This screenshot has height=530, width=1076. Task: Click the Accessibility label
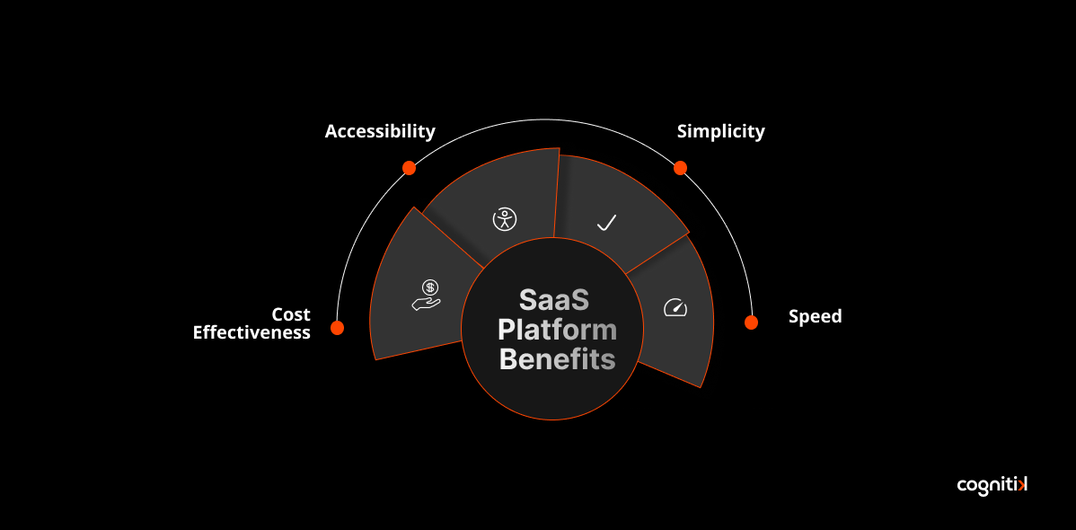[x=380, y=132]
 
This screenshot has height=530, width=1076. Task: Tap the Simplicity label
[x=720, y=132]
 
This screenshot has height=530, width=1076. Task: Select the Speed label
[x=815, y=316]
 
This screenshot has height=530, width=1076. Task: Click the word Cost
[x=291, y=314]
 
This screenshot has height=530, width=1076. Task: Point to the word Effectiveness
[x=251, y=332]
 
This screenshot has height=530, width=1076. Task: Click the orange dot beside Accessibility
[x=409, y=168]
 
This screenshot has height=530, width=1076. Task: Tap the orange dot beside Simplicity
[x=680, y=168]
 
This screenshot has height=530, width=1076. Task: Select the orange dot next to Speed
[x=751, y=322]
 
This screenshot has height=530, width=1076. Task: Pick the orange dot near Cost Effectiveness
[x=337, y=328]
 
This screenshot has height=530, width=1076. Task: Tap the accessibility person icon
[x=505, y=219]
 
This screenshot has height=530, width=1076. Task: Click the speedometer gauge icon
[x=675, y=308]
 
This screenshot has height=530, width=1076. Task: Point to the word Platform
[x=557, y=330]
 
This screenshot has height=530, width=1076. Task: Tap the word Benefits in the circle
[x=557, y=359]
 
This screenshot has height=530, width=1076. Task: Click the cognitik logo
[x=992, y=485]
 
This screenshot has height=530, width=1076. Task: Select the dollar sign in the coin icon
[x=431, y=287]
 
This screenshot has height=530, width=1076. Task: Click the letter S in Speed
[x=794, y=316]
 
